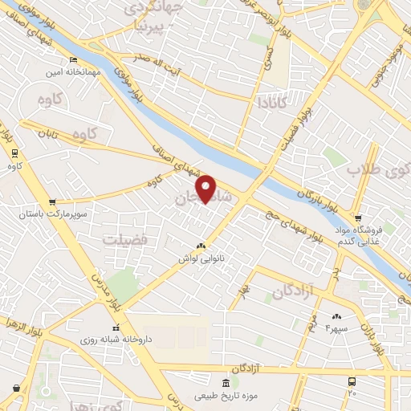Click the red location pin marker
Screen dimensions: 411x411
pos(207,189)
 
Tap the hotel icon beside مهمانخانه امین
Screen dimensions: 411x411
pos(73,59)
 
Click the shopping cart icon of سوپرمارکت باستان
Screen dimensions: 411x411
pos(52,202)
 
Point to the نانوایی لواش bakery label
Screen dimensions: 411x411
pos(200,259)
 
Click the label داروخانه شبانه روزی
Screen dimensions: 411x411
pos(116,340)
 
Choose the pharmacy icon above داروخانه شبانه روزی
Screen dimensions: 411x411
pos(116,328)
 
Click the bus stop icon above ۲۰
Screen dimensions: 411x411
pos(352,381)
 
